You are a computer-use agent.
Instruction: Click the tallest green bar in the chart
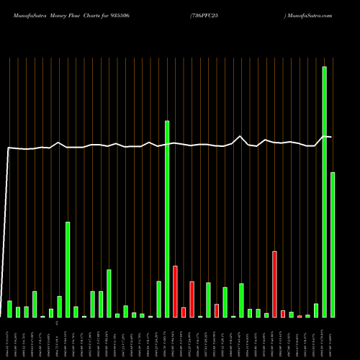click(x=324, y=192)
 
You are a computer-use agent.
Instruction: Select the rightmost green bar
click(x=333, y=245)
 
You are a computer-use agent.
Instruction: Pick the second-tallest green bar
click(x=167, y=219)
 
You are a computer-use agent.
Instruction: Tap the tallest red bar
click(x=274, y=284)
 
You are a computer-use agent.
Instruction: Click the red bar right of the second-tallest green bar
click(x=175, y=292)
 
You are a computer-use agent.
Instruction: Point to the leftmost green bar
click(x=9, y=309)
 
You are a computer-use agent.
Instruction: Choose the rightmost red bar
click(x=300, y=316)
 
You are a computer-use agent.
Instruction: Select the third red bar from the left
click(x=192, y=299)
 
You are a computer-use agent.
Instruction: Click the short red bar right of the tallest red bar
click(x=283, y=314)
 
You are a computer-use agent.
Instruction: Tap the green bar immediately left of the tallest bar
click(x=316, y=310)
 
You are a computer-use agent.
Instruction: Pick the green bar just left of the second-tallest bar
click(x=158, y=299)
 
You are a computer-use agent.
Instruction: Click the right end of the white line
click(x=331, y=137)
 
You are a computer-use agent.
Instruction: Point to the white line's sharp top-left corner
click(x=9, y=148)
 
